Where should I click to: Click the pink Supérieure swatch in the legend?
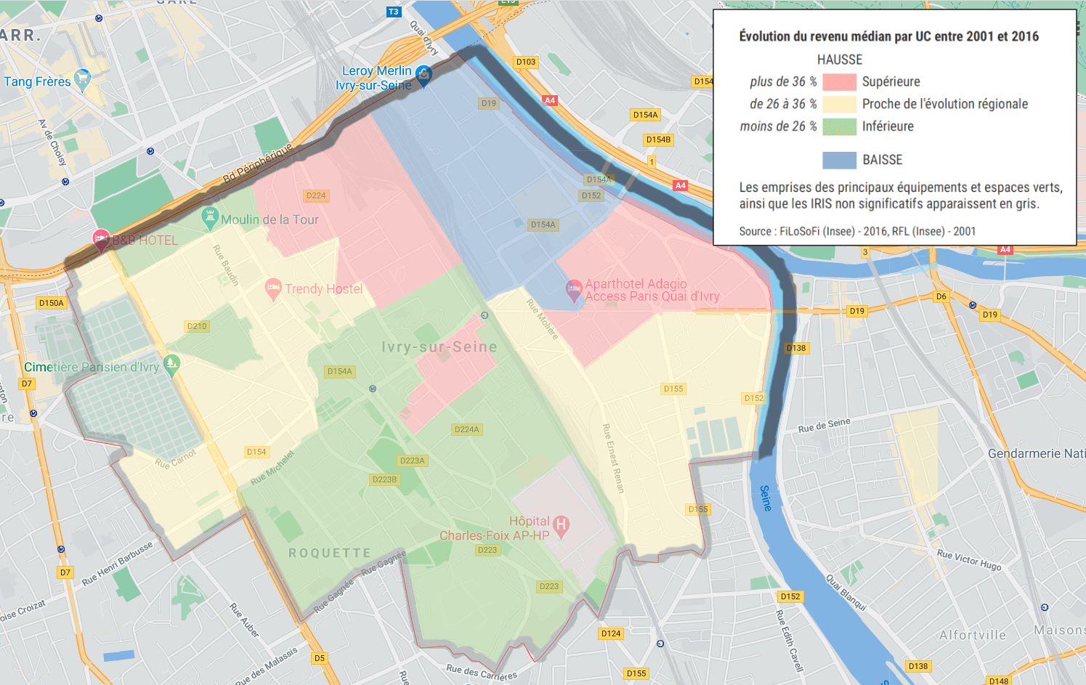[x=839, y=82]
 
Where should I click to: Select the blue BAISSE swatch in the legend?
[x=839, y=160]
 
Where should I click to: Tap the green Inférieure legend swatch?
[x=839, y=126]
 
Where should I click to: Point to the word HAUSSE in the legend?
[x=840, y=60]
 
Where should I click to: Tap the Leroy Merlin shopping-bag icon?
[x=424, y=74]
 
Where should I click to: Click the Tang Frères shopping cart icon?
[x=83, y=78]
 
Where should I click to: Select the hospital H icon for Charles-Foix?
[x=561, y=524]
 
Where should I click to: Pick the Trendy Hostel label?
[x=323, y=289]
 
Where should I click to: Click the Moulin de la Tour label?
[x=270, y=219]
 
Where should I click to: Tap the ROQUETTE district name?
[x=330, y=553]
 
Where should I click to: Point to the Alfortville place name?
[x=973, y=635]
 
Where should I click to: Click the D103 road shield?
[x=526, y=62]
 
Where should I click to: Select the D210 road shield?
[x=197, y=326]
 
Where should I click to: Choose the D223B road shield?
[x=384, y=479]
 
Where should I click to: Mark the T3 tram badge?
[x=393, y=12]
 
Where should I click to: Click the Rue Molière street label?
[x=543, y=319]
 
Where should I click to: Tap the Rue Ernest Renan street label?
[x=613, y=458]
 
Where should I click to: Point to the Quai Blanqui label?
[x=846, y=592]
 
